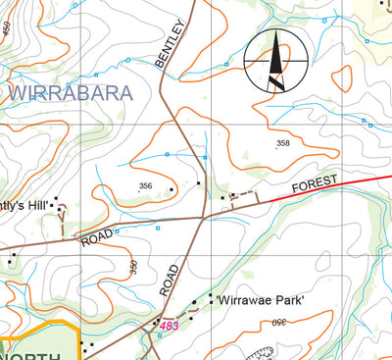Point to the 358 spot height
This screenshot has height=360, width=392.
(283, 144)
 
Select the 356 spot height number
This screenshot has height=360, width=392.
(146, 186)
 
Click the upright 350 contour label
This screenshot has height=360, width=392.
(133, 266)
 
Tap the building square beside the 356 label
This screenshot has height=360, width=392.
(171, 189)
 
